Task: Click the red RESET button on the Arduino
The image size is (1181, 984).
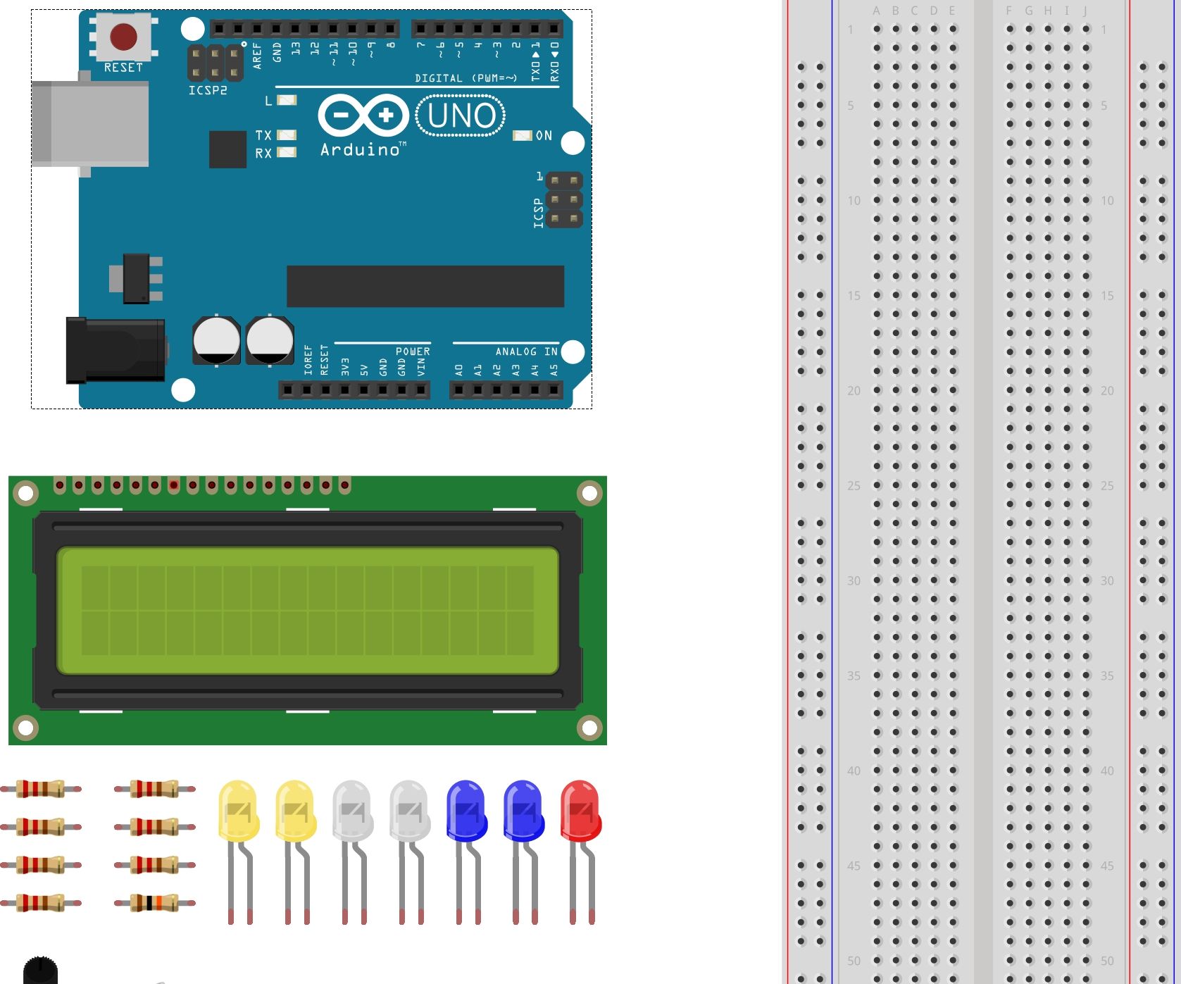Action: (124, 37)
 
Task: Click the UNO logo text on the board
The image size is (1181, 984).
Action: (461, 116)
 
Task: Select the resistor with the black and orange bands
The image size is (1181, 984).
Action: (155, 902)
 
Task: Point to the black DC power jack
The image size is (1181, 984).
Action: (116, 350)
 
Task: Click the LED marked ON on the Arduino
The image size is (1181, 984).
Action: (522, 135)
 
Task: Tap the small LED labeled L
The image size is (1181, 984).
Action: (287, 100)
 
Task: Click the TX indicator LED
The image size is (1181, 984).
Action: (287, 135)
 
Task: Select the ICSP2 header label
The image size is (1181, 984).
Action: (208, 91)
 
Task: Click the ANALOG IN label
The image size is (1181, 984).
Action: (526, 351)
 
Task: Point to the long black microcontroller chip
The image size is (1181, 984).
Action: (425, 286)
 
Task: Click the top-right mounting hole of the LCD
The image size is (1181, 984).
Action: (589, 493)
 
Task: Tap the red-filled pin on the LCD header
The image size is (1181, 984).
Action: (173, 485)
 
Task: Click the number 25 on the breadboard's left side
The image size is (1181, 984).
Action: (854, 486)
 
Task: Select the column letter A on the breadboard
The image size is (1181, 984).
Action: (876, 11)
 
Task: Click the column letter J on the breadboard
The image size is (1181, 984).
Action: (1085, 11)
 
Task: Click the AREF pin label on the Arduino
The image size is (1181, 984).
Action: (257, 55)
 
